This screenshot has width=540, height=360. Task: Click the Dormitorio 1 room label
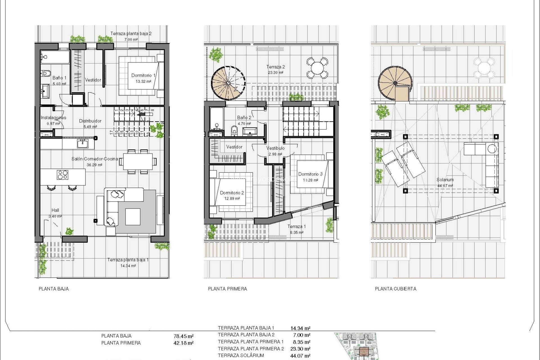pos(143,75)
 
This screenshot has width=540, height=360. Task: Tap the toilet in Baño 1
pos(46,74)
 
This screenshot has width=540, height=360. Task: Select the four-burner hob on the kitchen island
pos(62,175)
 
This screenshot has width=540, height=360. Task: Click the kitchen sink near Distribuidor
pos(83,143)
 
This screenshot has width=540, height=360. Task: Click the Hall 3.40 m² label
pos(55,213)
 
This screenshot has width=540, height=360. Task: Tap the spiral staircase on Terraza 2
pos(228,83)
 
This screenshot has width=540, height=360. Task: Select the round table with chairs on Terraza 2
pos(317,68)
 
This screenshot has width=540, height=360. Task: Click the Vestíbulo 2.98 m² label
pos(275,151)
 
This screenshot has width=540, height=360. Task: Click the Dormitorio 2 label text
pos(232,193)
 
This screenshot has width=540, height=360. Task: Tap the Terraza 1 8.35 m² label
pos(296,229)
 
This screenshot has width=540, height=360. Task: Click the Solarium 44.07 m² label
pos(445,182)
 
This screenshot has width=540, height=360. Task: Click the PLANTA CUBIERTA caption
pos(395,289)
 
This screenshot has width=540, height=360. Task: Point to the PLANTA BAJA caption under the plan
pos(54,289)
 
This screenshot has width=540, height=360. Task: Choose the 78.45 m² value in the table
pos(183,336)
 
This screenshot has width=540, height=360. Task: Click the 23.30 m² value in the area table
pos(300,349)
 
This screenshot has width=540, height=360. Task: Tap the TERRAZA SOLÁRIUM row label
pos(241,355)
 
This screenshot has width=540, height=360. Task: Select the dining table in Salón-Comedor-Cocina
pos(138,161)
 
